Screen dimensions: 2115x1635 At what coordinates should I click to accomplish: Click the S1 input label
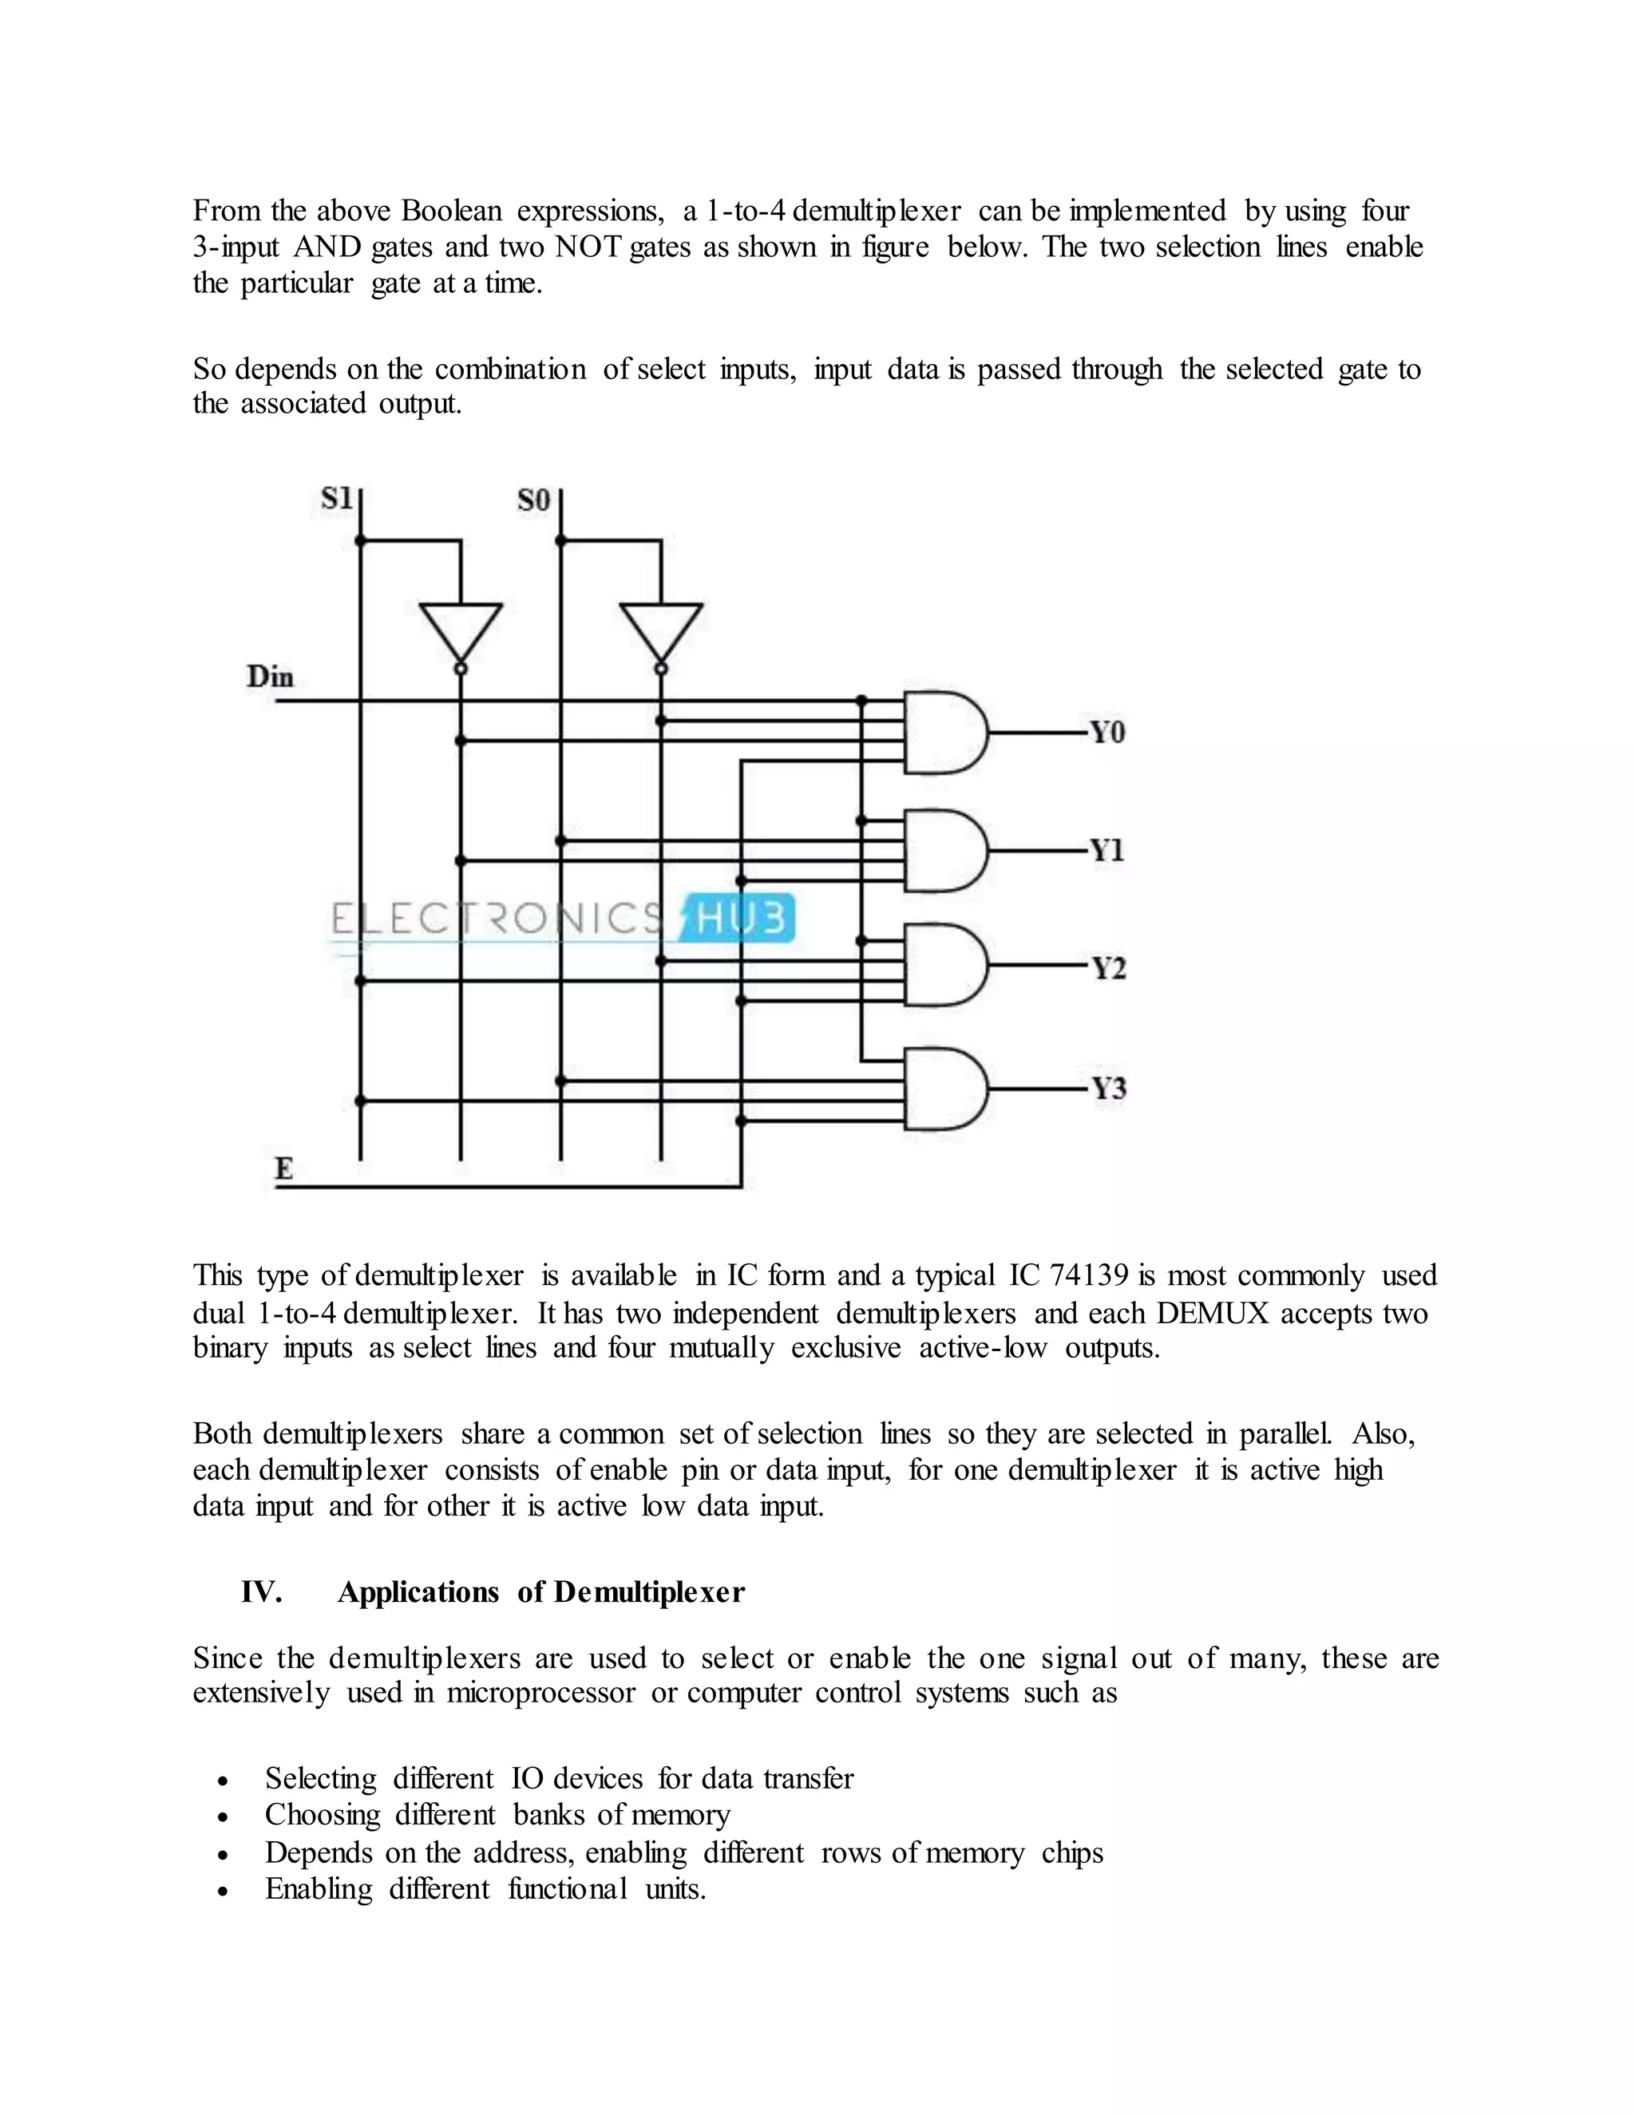pos(335,500)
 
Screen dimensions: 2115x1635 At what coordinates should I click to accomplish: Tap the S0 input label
pos(534,500)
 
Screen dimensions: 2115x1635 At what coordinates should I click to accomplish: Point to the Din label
pos(271,676)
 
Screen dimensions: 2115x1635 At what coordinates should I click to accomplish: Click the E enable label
pos(283,1169)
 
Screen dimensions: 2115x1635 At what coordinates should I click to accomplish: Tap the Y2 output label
pos(1109,968)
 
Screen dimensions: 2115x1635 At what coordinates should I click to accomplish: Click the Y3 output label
pos(1109,1089)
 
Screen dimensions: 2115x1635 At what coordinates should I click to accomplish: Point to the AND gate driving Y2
pos(944,966)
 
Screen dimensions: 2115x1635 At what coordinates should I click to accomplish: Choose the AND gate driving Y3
pos(944,1089)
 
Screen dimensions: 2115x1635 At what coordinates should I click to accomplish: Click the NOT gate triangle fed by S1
pos(460,631)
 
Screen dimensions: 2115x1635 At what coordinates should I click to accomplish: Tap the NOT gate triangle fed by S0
pos(660,631)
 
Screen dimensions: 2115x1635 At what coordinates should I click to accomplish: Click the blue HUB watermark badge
pos(738,918)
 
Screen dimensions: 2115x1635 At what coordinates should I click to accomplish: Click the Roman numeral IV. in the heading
pos(262,1592)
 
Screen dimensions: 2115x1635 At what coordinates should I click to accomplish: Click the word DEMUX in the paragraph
pos(1213,1313)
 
